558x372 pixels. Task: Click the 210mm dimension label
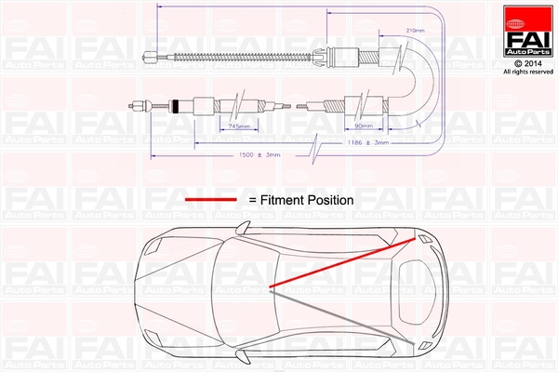pos(416,31)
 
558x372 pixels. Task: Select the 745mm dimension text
pos(239,125)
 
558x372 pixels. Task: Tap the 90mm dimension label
pos(364,125)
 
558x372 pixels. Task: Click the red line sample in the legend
pos(213,199)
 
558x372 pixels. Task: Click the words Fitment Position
pos(307,199)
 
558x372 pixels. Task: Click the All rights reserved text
pos(526,72)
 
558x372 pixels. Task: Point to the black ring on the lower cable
pos(175,104)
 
